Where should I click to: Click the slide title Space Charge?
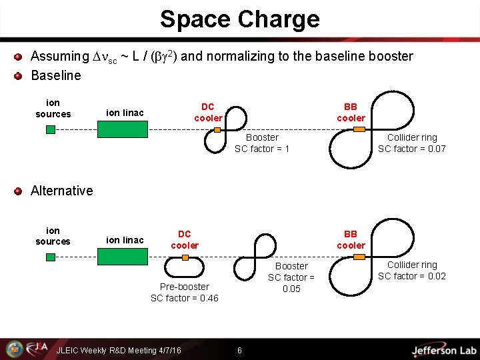point(239,19)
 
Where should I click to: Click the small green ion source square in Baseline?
point(51,129)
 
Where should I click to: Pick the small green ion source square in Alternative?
point(51,257)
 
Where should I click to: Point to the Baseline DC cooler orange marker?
point(217,129)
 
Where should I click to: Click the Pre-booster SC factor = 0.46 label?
point(185,293)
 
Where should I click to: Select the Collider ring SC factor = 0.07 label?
point(411,143)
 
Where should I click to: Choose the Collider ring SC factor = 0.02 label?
point(411,271)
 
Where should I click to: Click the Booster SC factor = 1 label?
point(262,143)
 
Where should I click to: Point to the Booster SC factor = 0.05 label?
point(291,277)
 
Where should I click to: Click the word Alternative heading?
point(62,191)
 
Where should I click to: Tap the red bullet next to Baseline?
point(19,75)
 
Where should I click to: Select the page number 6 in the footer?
point(239,351)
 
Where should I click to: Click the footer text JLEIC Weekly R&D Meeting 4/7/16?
point(119,351)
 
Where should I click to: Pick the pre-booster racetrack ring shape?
point(185,267)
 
